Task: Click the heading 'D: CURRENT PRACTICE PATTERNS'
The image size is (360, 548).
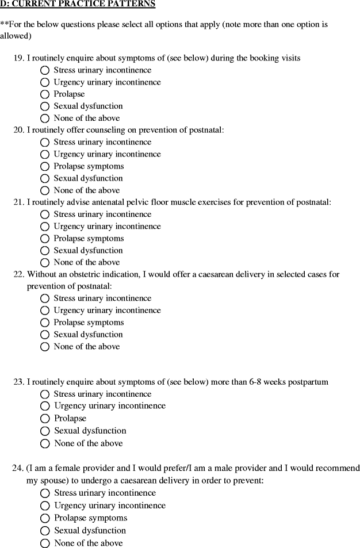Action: click(78, 4)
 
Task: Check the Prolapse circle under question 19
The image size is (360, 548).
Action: click(45, 94)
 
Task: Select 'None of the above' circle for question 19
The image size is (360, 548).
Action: click(45, 118)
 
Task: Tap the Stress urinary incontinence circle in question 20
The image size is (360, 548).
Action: click(45, 143)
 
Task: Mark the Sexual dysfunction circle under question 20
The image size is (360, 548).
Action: click(45, 178)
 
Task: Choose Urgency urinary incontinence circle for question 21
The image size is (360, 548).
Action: click(45, 227)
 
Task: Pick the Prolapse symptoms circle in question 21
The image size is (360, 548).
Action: click(45, 239)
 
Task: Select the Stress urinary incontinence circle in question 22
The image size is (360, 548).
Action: click(45, 298)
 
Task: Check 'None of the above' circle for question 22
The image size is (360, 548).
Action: click(45, 347)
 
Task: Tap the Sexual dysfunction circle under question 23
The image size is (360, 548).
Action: click(45, 431)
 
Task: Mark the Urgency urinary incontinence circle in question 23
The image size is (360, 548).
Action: click(45, 407)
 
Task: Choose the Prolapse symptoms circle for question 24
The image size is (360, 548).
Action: click(45, 519)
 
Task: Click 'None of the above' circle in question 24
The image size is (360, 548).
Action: click(45, 543)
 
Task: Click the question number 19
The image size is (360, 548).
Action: click(18, 58)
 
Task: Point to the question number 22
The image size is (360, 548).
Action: click(18, 274)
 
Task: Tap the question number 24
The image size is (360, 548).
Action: click(17, 468)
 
